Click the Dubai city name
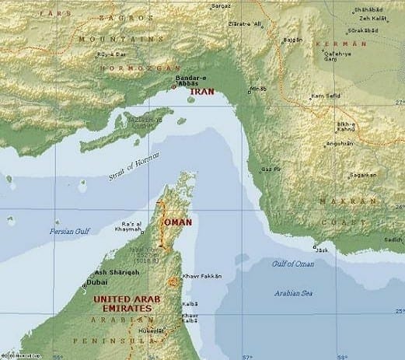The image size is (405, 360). click(x=99, y=283)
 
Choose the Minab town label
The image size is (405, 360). click(x=257, y=89)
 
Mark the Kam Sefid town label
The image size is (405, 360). click(x=325, y=96)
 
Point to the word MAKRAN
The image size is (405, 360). click(x=338, y=200)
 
